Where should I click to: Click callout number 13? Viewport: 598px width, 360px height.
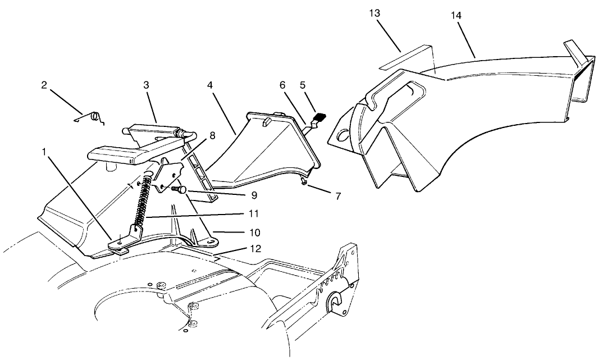[375, 13]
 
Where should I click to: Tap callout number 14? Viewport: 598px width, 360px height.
[456, 16]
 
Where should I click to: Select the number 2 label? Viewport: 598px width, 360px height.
[44, 85]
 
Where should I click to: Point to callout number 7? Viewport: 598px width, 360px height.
[338, 197]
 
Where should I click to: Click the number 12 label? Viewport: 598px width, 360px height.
[255, 249]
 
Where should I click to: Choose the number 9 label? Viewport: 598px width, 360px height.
[254, 195]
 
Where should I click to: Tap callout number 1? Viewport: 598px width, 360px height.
[44, 152]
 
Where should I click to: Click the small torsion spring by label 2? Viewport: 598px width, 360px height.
[91, 117]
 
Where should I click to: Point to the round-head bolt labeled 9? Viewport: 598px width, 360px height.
[180, 189]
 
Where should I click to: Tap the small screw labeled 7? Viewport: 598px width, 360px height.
[304, 183]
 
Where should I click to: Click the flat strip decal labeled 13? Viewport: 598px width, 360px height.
[406, 57]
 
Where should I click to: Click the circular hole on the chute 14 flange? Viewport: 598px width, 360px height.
[343, 135]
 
